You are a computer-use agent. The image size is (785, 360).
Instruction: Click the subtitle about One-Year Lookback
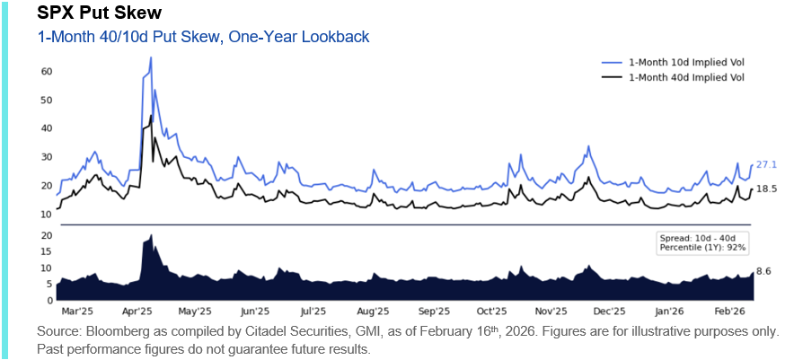pos(203,37)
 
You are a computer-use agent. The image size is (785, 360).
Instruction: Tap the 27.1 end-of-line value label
pos(766,164)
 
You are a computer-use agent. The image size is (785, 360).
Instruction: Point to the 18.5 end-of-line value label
pos(766,189)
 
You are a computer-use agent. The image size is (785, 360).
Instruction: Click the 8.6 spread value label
pos(764,270)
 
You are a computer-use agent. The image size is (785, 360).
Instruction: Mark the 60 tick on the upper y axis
pos(47,71)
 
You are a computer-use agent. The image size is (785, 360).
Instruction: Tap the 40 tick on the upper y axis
pos(47,128)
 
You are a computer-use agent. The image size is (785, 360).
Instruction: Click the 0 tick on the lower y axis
pos(49,300)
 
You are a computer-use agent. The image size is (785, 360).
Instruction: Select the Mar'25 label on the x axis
pos(78,312)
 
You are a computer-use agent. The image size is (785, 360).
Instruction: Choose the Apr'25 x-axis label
pos(137,312)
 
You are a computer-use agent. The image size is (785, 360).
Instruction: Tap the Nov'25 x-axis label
pos(550,312)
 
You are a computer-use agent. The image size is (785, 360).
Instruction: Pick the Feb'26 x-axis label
pos(727,312)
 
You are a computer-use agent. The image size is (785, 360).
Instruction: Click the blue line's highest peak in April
pos(150,58)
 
